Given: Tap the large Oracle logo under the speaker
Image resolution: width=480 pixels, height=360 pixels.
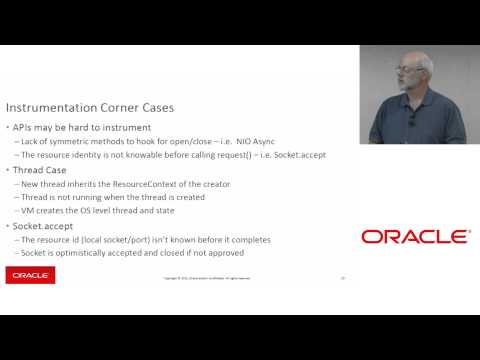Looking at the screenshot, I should click(414, 237).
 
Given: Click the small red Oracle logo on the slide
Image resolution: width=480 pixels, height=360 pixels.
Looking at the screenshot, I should click(30, 275).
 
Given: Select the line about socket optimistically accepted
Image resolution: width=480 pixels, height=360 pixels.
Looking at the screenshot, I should click(125, 253).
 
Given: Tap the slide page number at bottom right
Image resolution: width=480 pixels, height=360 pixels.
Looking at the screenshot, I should click(343, 278).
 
